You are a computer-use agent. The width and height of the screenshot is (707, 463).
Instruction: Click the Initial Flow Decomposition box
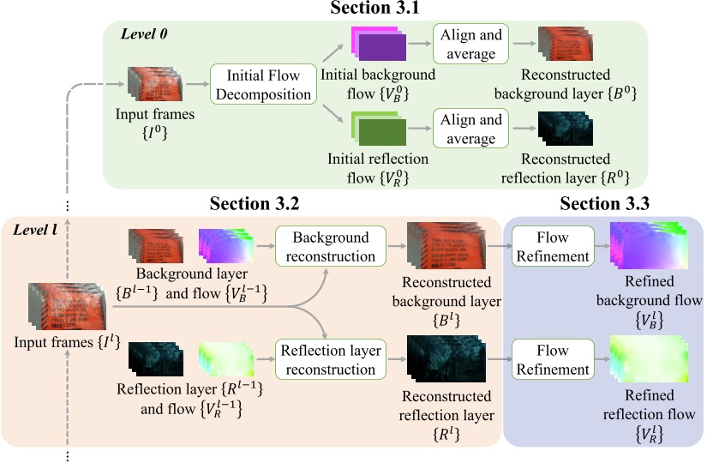[x=263, y=84]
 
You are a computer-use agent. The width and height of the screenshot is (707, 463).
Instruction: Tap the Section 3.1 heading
[x=374, y=8]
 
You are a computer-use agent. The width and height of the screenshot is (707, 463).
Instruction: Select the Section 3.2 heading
[x=255, y=203]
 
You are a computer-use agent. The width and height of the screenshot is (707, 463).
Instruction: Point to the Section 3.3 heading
[x=605, y=203]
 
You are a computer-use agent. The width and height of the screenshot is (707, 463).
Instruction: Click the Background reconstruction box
[x=331, y=246]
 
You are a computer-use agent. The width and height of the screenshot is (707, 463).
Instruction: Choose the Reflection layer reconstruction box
[x=331, y=359]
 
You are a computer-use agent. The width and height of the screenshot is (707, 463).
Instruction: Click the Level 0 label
[x=144, y=33]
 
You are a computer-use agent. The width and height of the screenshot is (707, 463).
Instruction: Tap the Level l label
[x=35, y=230]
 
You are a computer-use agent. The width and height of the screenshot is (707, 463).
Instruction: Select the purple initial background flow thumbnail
[x=378, y=44]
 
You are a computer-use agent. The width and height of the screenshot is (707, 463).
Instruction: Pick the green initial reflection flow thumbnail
[x=378, y=129]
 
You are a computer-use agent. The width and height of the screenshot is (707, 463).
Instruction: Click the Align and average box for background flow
[x=470, y=44]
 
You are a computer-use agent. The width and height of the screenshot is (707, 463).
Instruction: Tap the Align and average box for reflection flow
[x=470, y=128]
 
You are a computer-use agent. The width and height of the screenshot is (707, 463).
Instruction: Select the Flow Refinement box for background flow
[x=553, y=246]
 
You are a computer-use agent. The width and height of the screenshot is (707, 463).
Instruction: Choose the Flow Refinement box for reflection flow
[x=553, y=359]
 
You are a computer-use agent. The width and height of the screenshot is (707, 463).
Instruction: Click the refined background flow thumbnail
[x=649, y=245]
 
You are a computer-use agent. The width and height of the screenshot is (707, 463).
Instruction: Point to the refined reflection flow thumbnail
[x=649, y=358]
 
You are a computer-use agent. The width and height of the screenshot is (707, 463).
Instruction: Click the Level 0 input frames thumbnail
[x=155, y=84]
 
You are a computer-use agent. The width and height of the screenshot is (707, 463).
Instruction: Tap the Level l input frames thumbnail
[x=67, y=306]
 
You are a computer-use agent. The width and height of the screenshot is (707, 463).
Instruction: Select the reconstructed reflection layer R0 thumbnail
[x=566, y=129]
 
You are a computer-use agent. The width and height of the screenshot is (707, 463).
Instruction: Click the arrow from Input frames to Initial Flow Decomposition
[x=197, y=84]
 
